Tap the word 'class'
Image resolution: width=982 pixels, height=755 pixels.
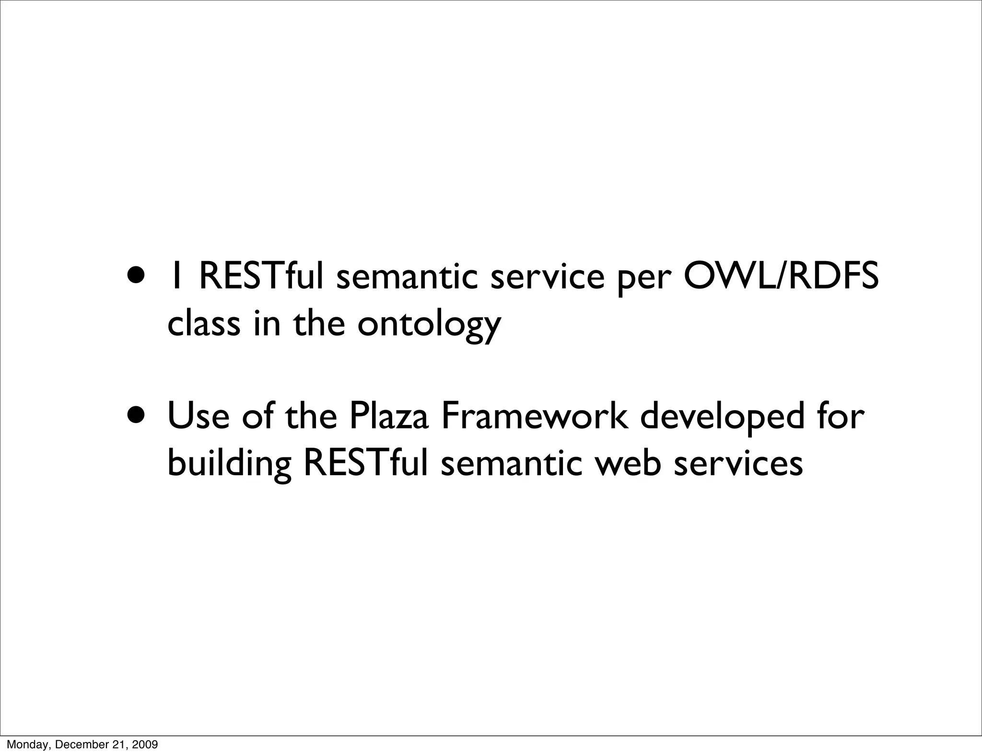pos(204,323)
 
